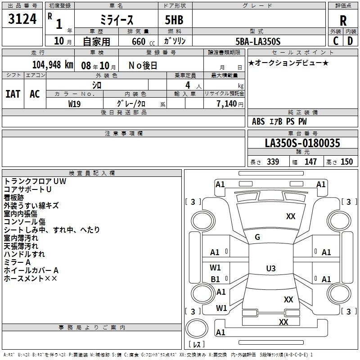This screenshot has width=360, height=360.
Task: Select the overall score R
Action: coord(343,21)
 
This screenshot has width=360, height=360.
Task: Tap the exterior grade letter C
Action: coord(336,41)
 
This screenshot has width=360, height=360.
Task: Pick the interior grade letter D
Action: coord(350,41)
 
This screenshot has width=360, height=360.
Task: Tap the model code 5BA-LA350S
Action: coord(258,41)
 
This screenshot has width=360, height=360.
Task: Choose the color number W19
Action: coord(75,103)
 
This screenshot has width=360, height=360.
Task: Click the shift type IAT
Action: coord(13,94)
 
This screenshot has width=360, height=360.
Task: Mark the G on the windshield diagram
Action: coord(257,237)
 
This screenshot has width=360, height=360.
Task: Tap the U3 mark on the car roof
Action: coord(270,269)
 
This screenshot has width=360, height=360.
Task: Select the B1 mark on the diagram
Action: coord(216,279)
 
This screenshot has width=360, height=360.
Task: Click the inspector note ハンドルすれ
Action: coord(24,254)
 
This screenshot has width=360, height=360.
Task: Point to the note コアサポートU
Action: coord(27,189)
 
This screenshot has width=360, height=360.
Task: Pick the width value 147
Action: coord(310,162)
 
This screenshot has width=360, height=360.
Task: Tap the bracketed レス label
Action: coord(197,345)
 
